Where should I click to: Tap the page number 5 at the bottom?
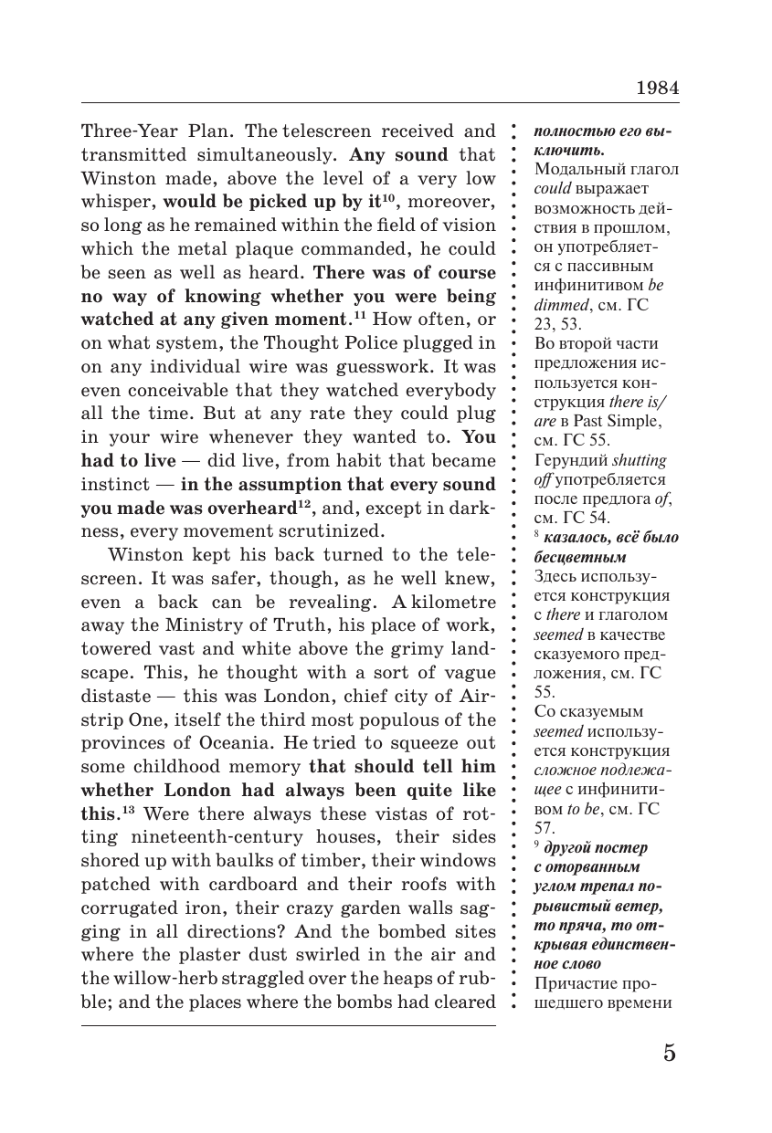[670, 1053]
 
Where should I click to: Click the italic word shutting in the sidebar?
[640, 460]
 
